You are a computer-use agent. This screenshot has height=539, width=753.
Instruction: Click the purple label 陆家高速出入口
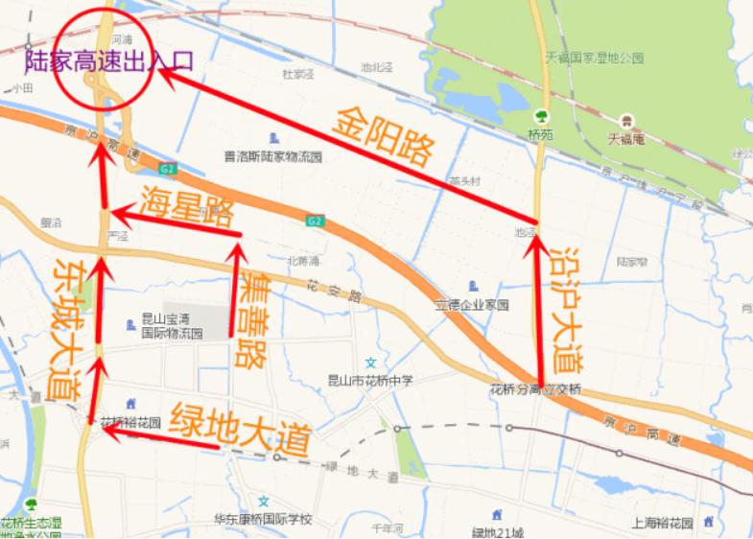[108, 61]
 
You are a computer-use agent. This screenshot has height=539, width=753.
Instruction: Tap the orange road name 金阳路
[384, 137]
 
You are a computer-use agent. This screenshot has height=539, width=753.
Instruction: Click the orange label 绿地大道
[240, 429]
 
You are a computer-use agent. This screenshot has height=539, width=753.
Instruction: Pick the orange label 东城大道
[67, 326]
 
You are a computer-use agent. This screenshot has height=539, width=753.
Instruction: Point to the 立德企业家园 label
[471, 305]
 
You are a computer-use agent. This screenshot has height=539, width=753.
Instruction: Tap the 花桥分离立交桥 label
[535, 389]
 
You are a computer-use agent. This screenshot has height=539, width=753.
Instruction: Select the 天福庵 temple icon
[626, 121]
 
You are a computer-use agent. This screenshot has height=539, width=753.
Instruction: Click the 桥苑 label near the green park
[541, 136]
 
